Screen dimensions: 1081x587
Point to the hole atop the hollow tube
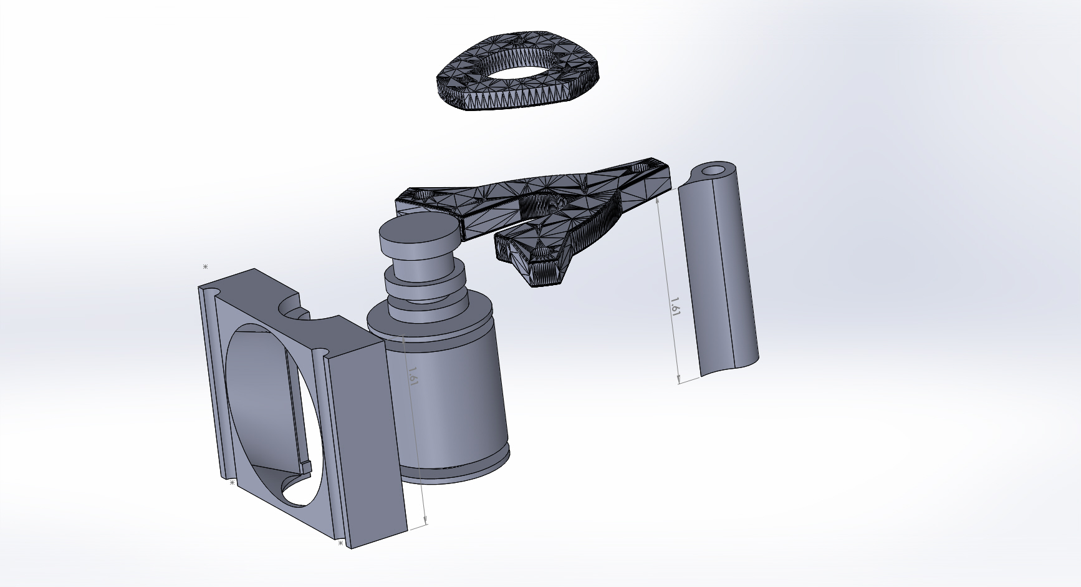coord(715,170)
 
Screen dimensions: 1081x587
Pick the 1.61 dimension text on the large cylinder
coord(412,375)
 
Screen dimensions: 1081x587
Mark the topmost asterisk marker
coord(205,267)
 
